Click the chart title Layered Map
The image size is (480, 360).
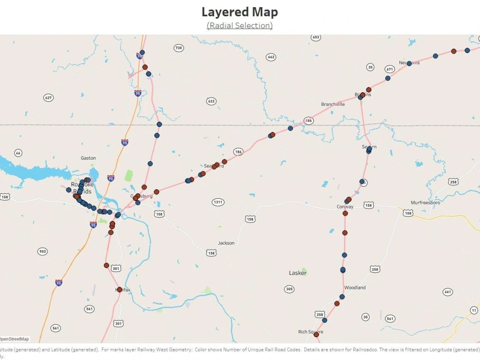(x=240, y=12)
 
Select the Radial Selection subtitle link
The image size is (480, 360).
(x=240, y=25)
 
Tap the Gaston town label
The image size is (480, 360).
(x=88, y=158)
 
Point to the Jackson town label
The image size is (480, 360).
(x=226, y=243)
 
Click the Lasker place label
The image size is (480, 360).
(x=298, y=273)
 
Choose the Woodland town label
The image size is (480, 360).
(x=355, y=288)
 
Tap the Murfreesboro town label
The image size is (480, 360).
(x=425, y=203)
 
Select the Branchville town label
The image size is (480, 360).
(x=333, y=104)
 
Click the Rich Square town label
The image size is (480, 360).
(x=311, y=332)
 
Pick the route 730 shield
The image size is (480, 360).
(x=179, y=48)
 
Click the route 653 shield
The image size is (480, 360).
(x=315, y=37)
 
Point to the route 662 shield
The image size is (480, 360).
(x=271, y=57)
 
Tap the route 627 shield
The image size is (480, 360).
(x=48, y=97)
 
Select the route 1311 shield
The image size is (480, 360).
(x=218, y=202)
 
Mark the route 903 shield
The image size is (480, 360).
(x=43, y=252)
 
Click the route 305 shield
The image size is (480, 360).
(x=289, y=289)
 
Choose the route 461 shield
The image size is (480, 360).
(x=448, y=292)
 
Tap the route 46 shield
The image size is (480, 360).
(x=18, y=153)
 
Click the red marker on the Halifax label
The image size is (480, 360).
(x=120, y=289)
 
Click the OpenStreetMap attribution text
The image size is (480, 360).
(x=14, y=339)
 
